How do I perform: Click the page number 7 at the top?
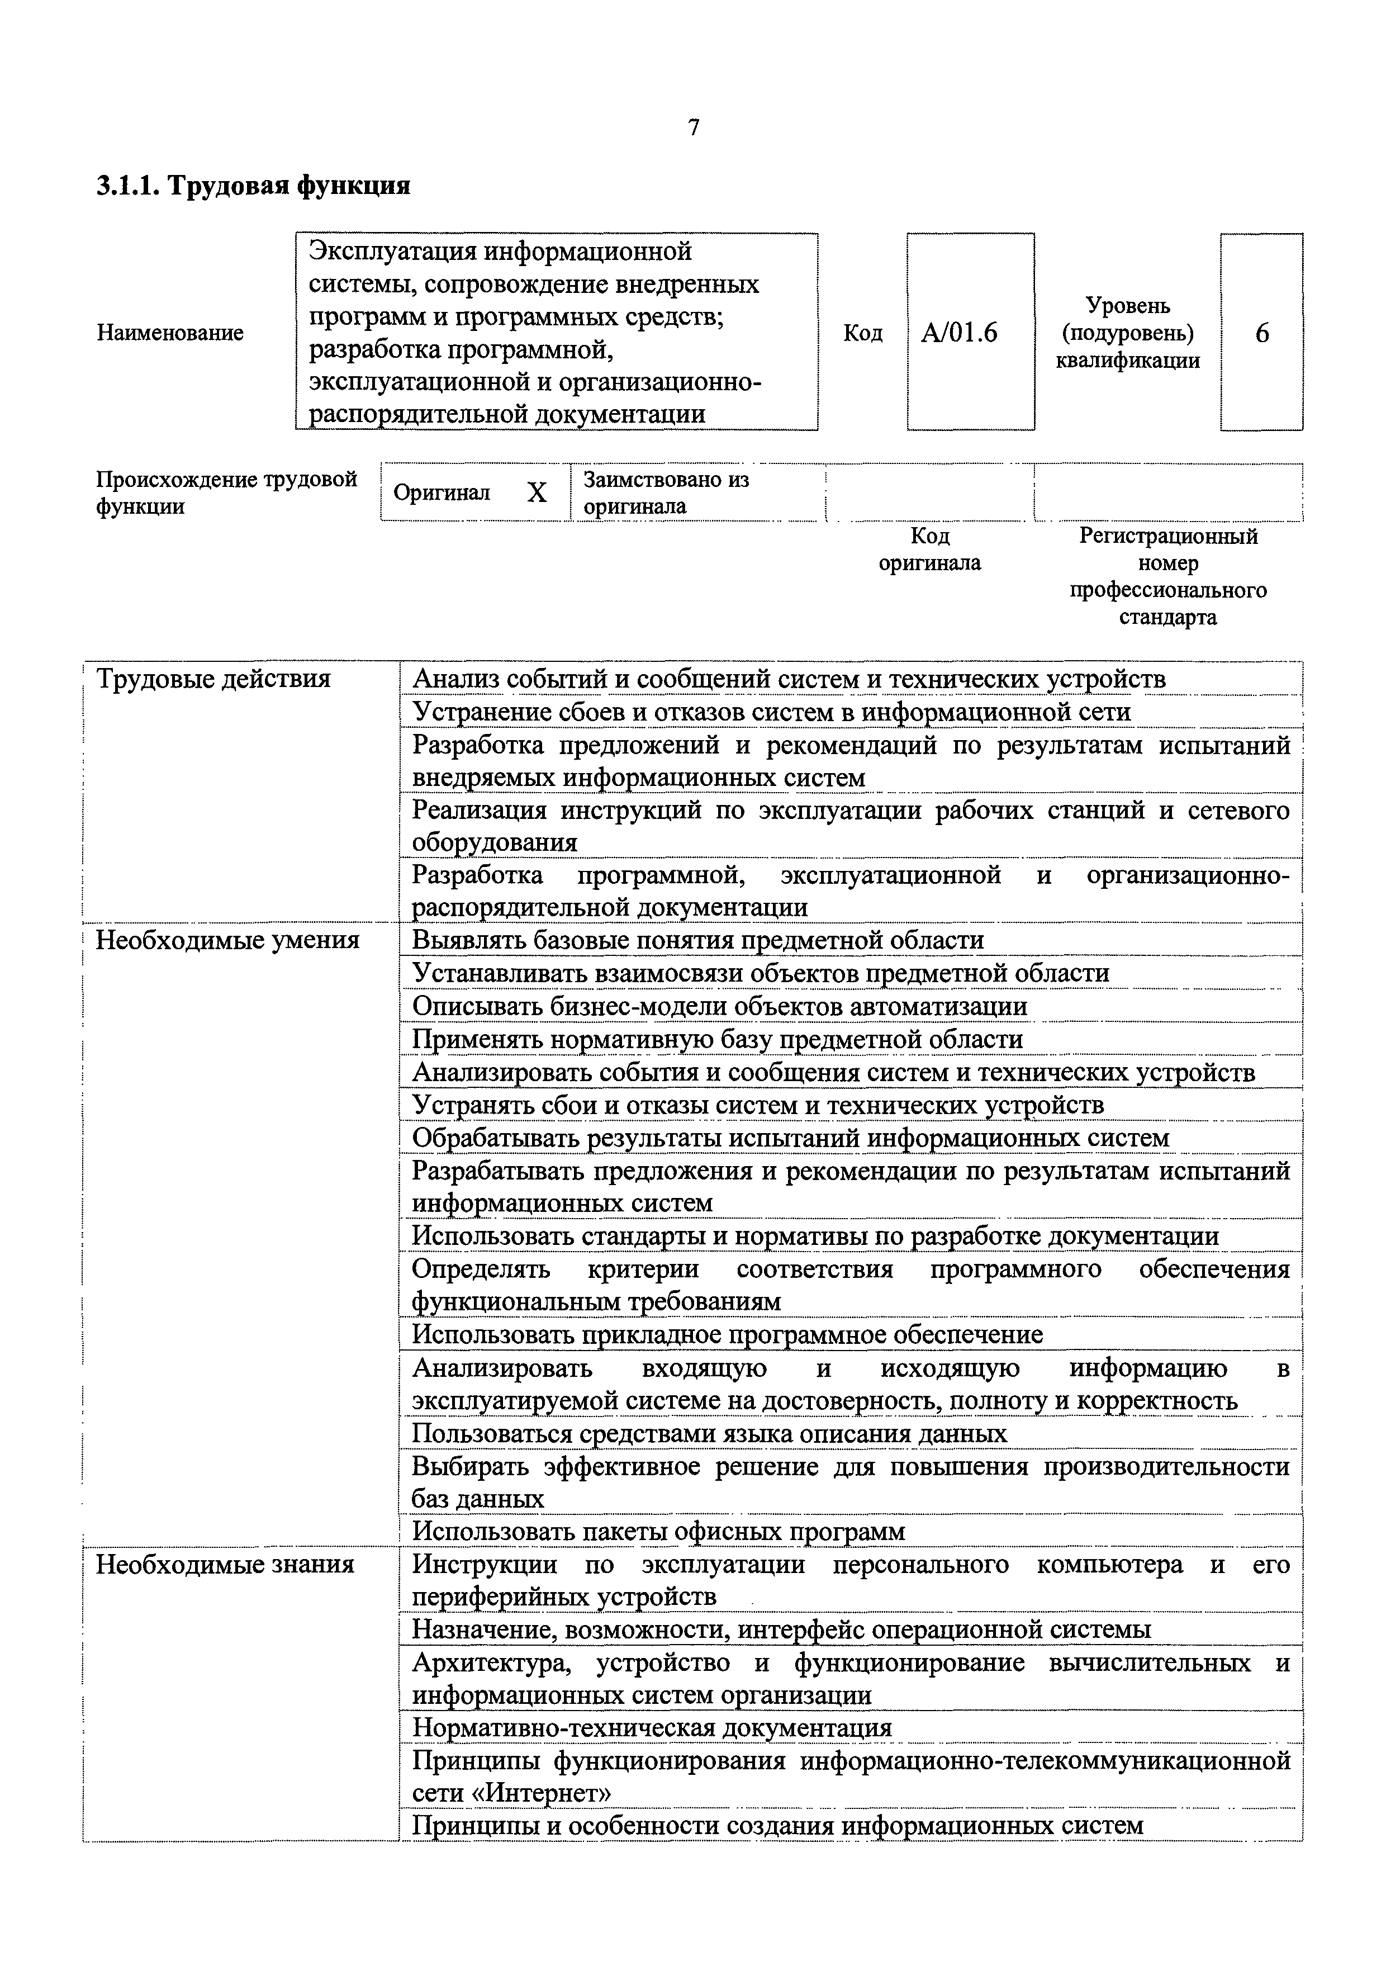[694, 127]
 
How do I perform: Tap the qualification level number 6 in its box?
[1261, 332]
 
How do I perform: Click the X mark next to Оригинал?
[537, 493]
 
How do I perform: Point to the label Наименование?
[170, 332]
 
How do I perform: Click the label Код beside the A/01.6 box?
[862, 332]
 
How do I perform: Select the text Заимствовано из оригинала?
[666, 493]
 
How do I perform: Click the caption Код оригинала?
[930, 549]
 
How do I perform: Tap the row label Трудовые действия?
[212, 679]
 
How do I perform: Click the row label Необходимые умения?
[227, 940]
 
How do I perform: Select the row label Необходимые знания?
[225, 1564]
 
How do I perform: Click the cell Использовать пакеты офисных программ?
[658, 1531]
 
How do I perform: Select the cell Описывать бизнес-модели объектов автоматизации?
[719, 1006]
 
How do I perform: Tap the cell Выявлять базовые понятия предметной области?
[697, 940]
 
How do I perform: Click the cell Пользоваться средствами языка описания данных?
[709, 1433]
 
